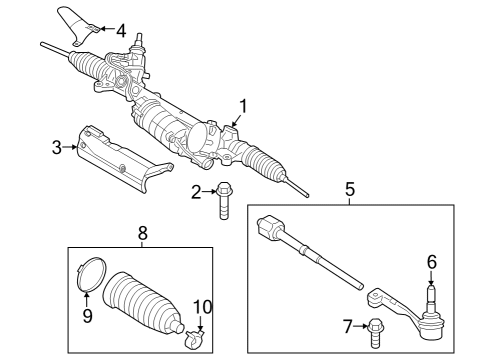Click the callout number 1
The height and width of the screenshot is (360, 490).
coord(241,103)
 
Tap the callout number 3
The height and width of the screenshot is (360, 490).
coord(57,148)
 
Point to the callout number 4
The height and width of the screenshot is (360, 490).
coord(121,30)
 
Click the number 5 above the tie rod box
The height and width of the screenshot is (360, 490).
coord(350,188)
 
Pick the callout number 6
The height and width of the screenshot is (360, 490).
coord(432,262)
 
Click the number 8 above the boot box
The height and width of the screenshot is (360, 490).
coord(142,232)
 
